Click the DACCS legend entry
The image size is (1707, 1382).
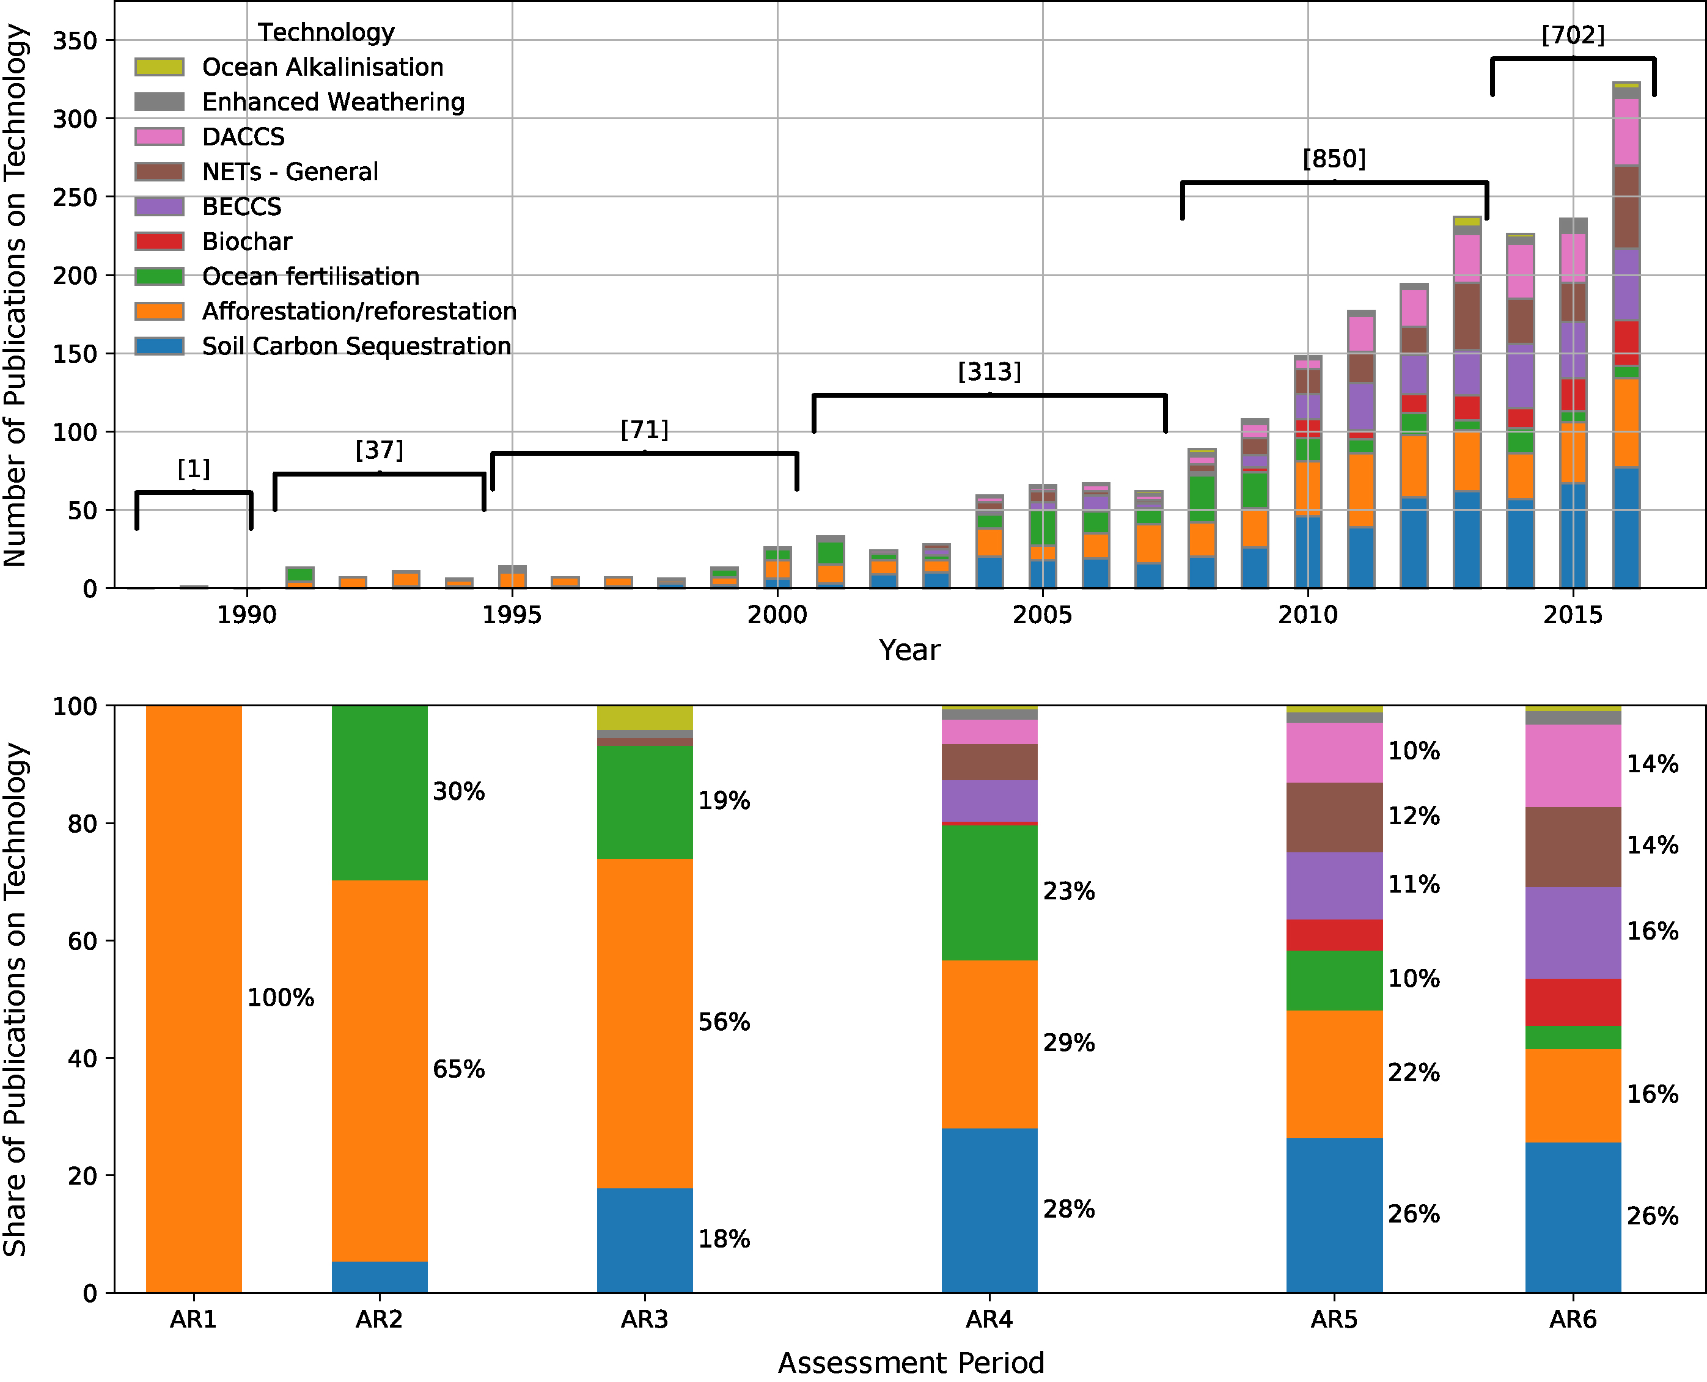click(243, 137)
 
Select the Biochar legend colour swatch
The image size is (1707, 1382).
click(160, 241)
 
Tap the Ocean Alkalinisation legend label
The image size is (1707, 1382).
click(323, 67)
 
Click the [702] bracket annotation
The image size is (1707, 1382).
click(1573, 35)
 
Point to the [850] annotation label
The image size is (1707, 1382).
click(1334, 158)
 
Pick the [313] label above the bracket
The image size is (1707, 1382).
click(989, 371)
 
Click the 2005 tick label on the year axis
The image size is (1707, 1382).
click(1041, 615)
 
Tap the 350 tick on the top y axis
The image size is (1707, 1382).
click(74, 40)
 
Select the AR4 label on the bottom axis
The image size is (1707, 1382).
click(989, 1319)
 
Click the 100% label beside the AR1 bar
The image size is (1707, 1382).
click(281, 998)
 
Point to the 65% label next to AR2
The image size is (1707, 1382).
click(458, 1069)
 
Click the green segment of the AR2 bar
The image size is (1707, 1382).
click(379, 792)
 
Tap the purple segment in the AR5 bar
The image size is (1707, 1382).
click(1334, 885)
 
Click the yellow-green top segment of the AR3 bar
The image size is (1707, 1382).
click(644, 717)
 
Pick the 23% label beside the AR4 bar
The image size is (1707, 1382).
click(1068, 891)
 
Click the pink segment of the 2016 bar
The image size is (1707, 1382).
click(1626, 131)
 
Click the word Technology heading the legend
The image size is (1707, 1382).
click(326, 32)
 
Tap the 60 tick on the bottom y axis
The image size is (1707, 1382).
click(81, 941)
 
